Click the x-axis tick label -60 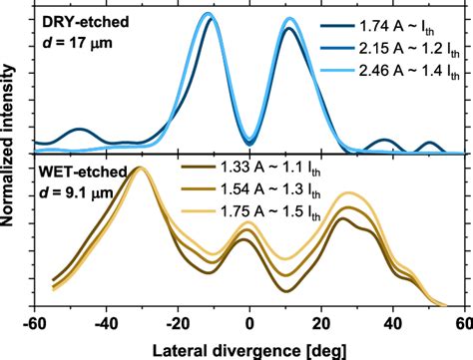tap(34, 323)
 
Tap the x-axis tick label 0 tap(250, 323)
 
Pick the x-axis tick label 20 tap(321, 323)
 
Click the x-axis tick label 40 tap(393, 323)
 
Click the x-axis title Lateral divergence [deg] tap(250, 348)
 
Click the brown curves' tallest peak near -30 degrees tap(142, 169)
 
